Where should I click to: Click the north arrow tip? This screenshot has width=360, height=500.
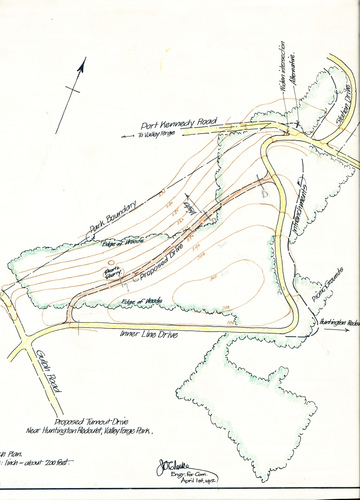click(x=84, y=58)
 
